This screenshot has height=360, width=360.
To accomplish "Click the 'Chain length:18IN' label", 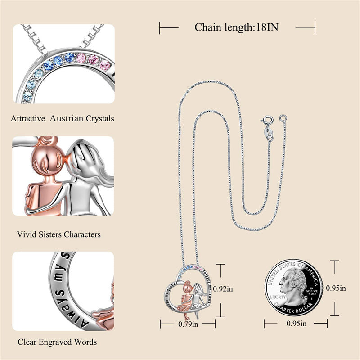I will [236, 27].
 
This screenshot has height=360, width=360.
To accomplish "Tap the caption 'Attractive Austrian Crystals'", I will [63, 119].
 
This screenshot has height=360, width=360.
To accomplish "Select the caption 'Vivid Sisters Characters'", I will [59, 234].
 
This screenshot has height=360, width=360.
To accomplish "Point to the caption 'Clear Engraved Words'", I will [57, 342].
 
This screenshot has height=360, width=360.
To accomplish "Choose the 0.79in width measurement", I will [188, 324].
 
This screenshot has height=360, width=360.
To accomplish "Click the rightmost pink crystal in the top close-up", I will [106, 66].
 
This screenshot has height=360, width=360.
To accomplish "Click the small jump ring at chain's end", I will [283, 118].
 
